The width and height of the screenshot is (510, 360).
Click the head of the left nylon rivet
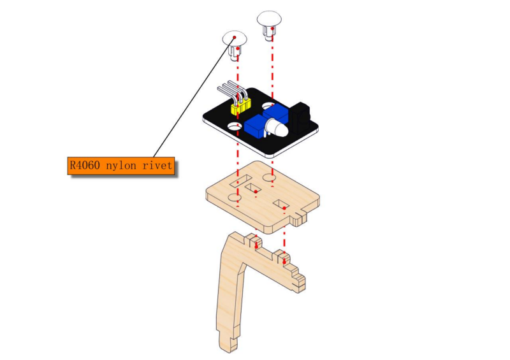[235, 38]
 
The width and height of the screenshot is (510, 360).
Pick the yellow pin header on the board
[241, 106]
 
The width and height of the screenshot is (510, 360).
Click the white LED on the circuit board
[277, 127]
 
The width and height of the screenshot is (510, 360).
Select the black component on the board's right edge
[300, 118]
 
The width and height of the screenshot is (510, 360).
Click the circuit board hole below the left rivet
[234, 126]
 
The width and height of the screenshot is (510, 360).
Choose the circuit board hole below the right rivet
[268, 106]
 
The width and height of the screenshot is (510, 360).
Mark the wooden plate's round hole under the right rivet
[269, 178]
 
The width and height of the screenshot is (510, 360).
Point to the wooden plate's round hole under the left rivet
[235, 197]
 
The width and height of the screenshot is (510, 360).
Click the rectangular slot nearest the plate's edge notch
[280, 205]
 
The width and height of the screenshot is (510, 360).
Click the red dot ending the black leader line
[234, 38]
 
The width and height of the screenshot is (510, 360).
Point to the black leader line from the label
[194, 97]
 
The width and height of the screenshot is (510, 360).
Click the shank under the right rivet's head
[269, 32]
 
